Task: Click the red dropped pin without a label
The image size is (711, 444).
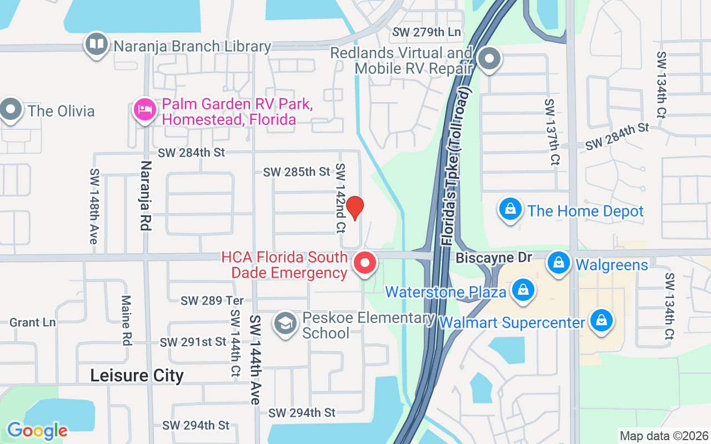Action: (354, 208)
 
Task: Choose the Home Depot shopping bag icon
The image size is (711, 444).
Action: (510, 210)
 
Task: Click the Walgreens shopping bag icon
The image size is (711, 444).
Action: (559, 263)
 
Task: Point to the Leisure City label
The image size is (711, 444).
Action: (137, 376)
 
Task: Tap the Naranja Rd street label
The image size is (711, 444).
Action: (146, 196)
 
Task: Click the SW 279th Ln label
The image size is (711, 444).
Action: (427, 32)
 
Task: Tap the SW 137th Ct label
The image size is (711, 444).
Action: (552, 133)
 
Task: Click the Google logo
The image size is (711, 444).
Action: (37, 431)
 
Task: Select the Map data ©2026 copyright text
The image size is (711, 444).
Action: (664, 436)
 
